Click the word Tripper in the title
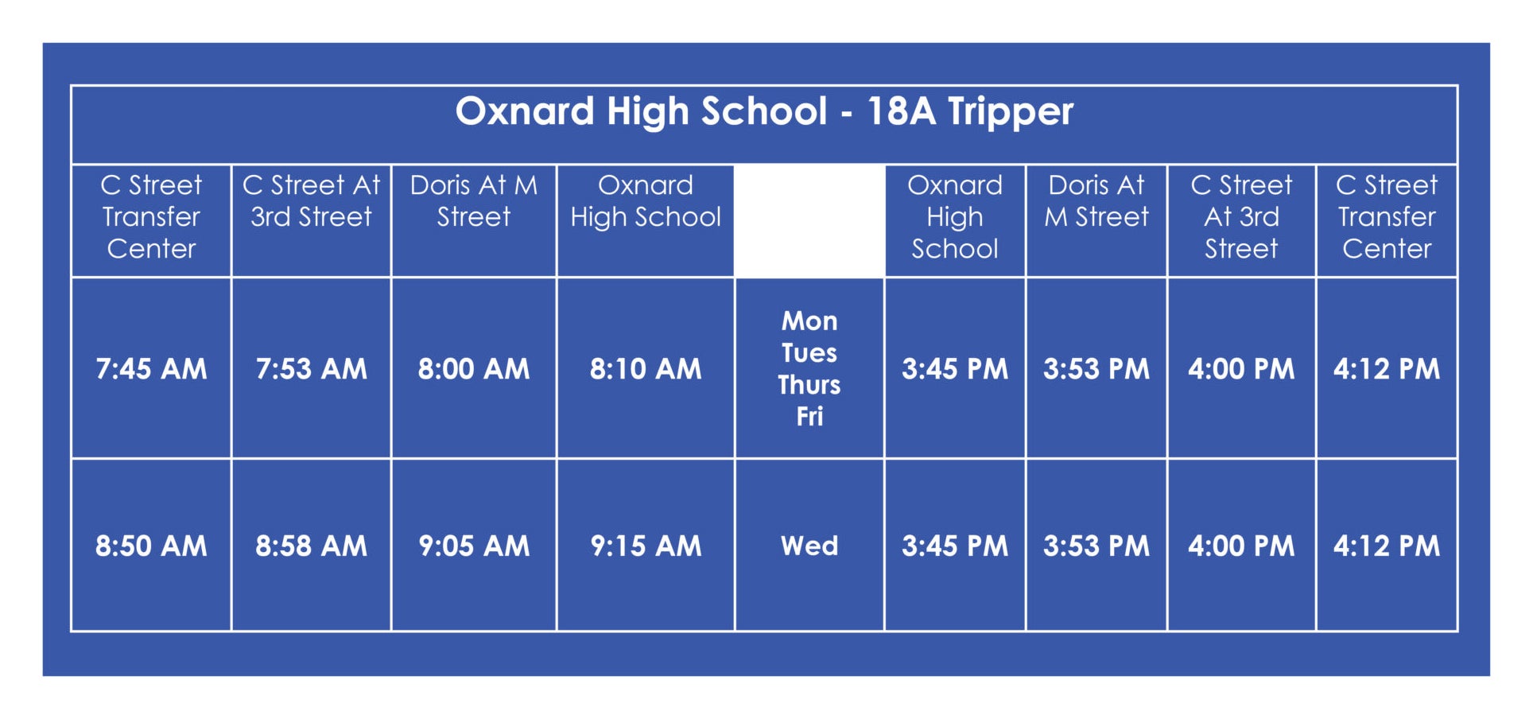point(1011,112)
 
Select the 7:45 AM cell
point(151,369)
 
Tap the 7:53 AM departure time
point(311,369)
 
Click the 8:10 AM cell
point(646,369)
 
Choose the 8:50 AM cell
point(151,546)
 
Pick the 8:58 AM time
point(311,546)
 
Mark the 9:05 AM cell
point(474,546)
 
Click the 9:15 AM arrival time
point(646,546)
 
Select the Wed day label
point(809,546)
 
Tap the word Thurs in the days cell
point(809,385)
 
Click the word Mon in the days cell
point(809,321)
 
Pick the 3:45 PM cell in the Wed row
point(955,546)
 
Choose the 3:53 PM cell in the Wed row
point(1096,546)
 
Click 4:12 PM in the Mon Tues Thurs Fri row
point(1387,369)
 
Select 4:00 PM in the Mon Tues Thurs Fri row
point(1241,369)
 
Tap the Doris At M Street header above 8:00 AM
point(474,201)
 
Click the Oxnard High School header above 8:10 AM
point(646,201)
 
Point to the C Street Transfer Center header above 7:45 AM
point(151,217)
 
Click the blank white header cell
point(809,220)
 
